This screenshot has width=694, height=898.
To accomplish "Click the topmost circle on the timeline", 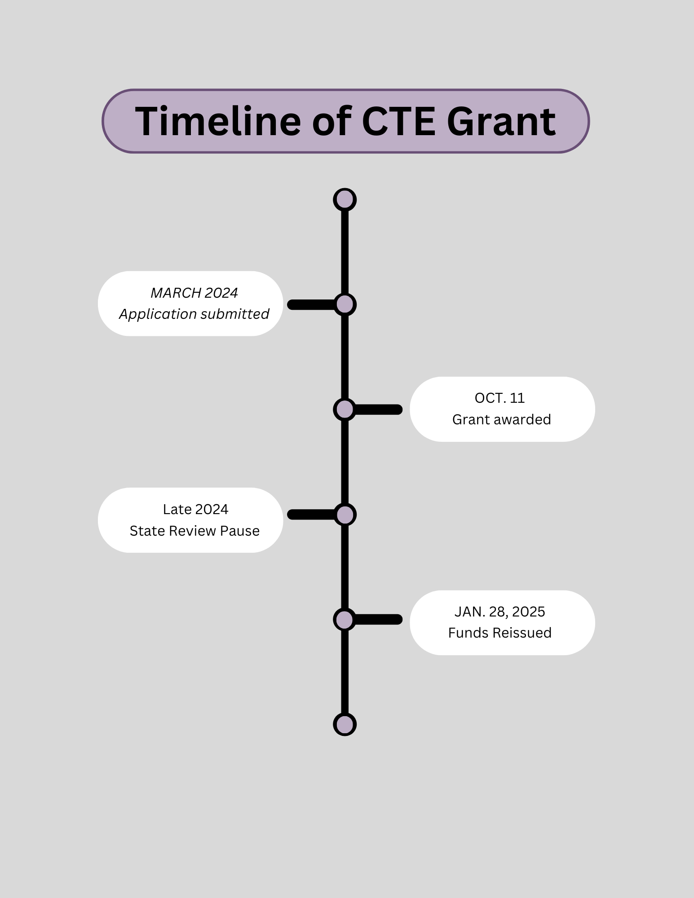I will coord(345,199).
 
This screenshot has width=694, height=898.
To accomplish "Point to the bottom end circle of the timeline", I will coord(345,724).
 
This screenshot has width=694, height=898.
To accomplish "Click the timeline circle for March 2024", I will coord(345,304).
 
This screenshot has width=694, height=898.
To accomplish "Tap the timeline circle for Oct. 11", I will coord(345,409).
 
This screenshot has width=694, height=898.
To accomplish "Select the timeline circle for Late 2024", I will coord(345,515).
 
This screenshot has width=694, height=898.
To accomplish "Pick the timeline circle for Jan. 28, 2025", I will coord(345,620).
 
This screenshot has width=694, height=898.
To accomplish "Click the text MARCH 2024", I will coord(194,293).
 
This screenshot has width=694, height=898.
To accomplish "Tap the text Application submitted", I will coord(194,314).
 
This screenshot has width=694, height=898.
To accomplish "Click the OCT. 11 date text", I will coord(500,398).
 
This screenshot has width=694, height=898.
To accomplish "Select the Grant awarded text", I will coord(501,419).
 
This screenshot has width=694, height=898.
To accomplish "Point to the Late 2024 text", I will coord(195,509).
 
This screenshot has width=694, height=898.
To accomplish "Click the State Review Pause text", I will coord(194,531).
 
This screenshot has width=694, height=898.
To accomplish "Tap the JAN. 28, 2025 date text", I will coord(500,612).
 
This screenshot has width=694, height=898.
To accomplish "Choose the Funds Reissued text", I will coord(500,633).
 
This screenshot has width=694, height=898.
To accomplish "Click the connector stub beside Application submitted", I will coord(311,304).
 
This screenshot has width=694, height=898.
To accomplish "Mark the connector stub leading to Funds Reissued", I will coord(378,620).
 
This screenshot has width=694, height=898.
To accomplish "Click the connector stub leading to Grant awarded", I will coord(378,409).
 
